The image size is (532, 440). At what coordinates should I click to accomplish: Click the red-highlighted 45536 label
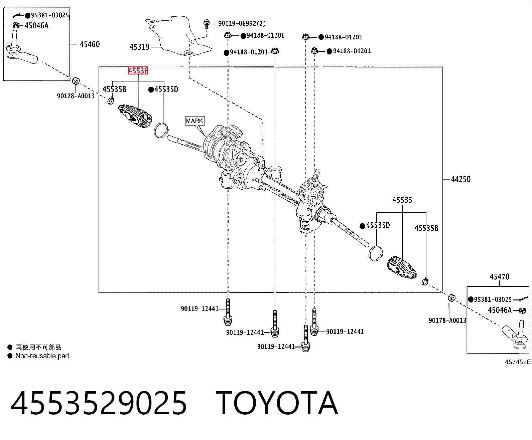[138, 70]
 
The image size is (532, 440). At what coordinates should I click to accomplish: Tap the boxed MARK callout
[195, 121]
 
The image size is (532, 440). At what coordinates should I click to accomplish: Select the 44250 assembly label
[461, 179]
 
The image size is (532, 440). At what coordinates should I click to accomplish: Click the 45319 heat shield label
[139, 47]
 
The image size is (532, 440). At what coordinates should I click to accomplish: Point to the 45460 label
[90, 44]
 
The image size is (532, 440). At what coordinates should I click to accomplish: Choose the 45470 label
[499, 276]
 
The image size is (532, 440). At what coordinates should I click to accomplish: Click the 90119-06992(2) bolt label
[242, 23]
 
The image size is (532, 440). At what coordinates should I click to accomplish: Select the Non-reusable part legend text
[42, 356]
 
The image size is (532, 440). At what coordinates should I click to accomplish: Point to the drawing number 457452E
[518, 362]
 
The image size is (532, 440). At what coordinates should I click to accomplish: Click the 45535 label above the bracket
[402, 200]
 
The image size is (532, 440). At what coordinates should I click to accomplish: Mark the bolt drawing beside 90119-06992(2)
[207, 24]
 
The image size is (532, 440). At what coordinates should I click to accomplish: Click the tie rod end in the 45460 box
[21, 50]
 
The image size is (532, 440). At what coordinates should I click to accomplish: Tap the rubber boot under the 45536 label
[135, 116]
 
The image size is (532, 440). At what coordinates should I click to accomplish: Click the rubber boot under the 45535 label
[402, 268]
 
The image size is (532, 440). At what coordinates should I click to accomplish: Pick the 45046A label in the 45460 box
[36, 25]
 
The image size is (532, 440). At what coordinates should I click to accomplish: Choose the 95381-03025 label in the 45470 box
[493, 299]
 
